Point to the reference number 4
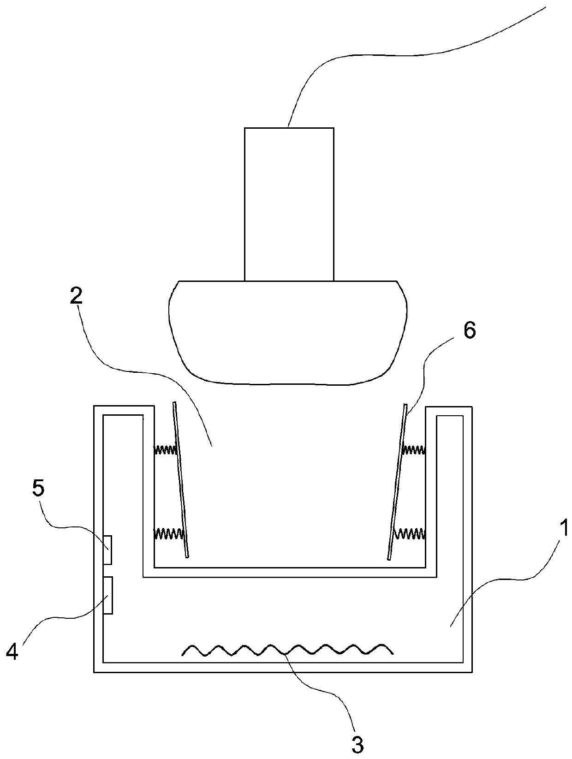(x=12, y=651)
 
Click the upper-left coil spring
(x=165, y=449)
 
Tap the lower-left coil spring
(x=168, y=533)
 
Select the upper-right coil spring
(x=414, y=448)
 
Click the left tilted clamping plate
(x=180, y=480)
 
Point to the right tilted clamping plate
(x=398, y=480)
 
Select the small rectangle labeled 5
(x=107, y=550)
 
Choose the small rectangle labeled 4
(x=107, y=595)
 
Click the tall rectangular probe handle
(x=289, y=204)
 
